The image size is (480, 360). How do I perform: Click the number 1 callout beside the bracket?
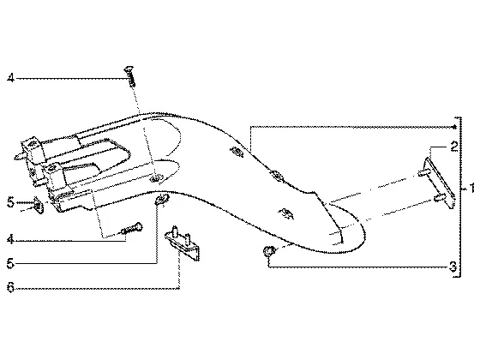click(471, 188)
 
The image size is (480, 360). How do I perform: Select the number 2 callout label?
click(454, 147)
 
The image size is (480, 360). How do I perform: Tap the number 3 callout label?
click(453, 267)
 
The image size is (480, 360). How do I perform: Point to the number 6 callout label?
click(10, 288)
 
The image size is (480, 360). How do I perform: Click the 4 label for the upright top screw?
click(10, 78)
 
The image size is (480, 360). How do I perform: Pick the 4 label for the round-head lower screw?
click(10, 240)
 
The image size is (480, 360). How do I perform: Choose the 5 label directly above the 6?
click(10, 264)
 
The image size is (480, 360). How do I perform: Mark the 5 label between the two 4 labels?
click(10, 202)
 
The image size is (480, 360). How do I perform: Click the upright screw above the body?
click(129, 76)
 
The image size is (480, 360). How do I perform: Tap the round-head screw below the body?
click(132, 229)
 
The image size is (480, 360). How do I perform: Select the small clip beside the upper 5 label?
click(39, 205)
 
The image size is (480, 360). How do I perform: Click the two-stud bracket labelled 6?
click(183, 243)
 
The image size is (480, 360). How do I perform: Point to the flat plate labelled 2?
click(439, 183)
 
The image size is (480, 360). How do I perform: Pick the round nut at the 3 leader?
click(268, 251)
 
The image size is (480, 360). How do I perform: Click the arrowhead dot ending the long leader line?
click(454, 127)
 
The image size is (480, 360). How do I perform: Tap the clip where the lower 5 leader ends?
click(162, 199)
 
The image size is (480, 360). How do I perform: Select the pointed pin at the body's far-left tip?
click(19, 156)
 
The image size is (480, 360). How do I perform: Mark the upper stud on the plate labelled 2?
click(423, 173)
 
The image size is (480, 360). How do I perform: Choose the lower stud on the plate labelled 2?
click(440, 198)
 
